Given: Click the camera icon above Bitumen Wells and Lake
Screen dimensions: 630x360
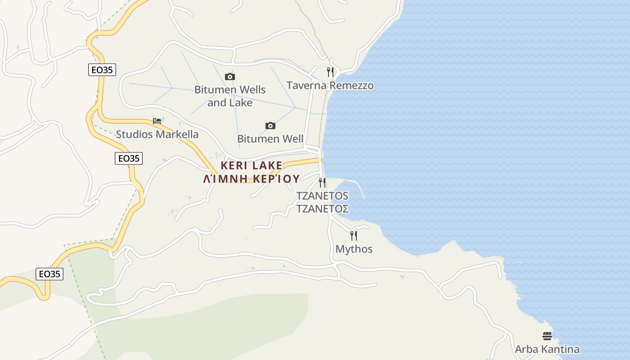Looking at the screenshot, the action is click(230, 77).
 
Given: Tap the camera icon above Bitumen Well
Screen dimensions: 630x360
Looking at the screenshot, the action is click(270, 126).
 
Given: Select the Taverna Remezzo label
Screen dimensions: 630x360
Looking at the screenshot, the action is click(330, 85).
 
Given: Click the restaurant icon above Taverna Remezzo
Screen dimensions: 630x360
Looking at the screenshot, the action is click(330, 72).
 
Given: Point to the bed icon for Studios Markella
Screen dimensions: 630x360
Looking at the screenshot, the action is click(157, 121).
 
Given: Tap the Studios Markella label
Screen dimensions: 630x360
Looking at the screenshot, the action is click(157, 134).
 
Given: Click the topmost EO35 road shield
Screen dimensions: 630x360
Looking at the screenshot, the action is click(102, 70).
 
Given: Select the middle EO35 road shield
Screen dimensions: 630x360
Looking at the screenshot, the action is click(129, 158).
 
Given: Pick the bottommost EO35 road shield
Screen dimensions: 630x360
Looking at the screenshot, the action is click(49, 274).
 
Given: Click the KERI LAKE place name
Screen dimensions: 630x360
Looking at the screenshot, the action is click(252, 165).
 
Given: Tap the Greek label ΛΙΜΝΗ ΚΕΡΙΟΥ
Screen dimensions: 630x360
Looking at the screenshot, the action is click(252, 179).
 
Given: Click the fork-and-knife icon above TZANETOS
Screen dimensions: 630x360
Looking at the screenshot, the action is click(322, 182).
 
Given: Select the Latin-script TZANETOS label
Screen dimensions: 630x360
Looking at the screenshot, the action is click(322, 196).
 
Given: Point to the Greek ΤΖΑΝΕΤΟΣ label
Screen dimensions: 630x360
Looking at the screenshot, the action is click(322, 209).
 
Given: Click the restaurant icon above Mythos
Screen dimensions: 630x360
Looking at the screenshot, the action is click(354, 235).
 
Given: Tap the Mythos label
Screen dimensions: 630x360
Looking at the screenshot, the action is click(354, 249).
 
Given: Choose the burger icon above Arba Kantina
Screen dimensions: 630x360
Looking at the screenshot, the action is click(547, 336).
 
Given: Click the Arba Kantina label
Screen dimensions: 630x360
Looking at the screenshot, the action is click(547, 349).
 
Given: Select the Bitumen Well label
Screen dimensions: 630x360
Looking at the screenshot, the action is click(270, 139).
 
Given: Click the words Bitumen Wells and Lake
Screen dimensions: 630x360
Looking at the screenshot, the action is click(230, 96).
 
